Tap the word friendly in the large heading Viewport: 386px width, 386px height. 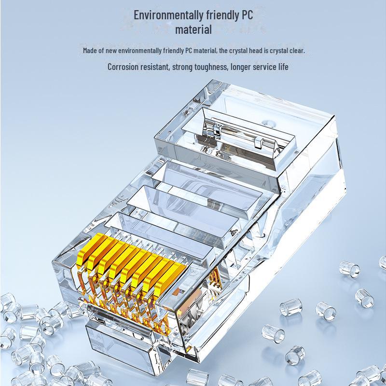[x=221, y=15]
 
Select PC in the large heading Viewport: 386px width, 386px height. [x=246, y=15]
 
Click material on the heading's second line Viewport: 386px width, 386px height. [x=193, y=29]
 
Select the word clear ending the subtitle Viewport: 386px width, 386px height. [x=297, y=51]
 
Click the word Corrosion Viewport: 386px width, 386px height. [x=122, y=67]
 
